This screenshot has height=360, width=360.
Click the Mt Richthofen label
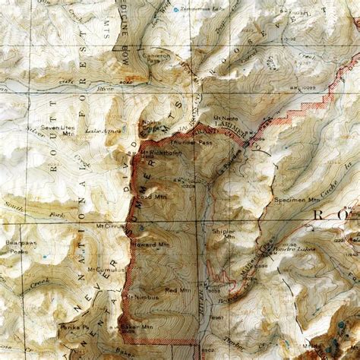159,153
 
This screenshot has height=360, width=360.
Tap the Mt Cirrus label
110,226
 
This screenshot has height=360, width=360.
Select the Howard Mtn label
145,246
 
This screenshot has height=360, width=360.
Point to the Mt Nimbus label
142,296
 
